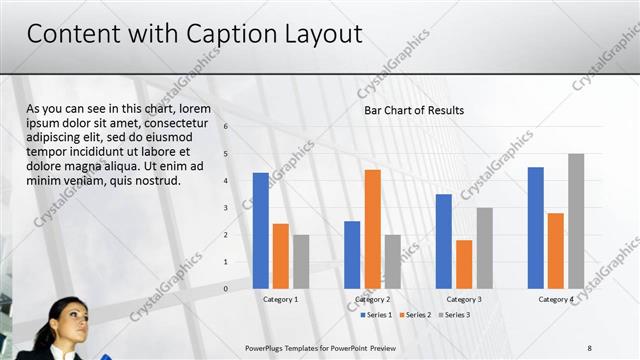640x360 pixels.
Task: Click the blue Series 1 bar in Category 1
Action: pyautogui.click(x=261, y=231)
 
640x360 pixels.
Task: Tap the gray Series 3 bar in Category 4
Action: pyautogui.click(x=576, y=221)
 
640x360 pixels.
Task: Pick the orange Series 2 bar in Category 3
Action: pyautogui.click(x=464, y=264)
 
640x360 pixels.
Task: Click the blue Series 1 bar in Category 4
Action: pyautogui.click(x=536, y=228)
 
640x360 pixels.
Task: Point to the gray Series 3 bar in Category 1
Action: pyautogui.click(x=301, y=262)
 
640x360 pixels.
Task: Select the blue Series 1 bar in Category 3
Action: pyautogui.click(x=444, y=241)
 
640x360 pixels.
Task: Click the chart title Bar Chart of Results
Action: pyautogui.click(x=414, y=110)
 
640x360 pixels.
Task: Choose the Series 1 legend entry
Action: pyautogui.click(x=375, y=315)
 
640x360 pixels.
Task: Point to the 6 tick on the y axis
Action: pyautogui.click(x=226, y=127)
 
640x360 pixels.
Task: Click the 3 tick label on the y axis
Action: pyautogui.click(x=226, y=208)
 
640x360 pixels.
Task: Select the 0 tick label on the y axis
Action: pyautogui.click(x=226, y=289)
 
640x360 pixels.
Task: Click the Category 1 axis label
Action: pyautogui.click(x=281, y=299)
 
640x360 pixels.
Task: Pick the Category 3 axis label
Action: pyautogui.click(x=464, y=299)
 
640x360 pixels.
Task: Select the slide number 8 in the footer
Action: pyautogui.click(x=589, y=347)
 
